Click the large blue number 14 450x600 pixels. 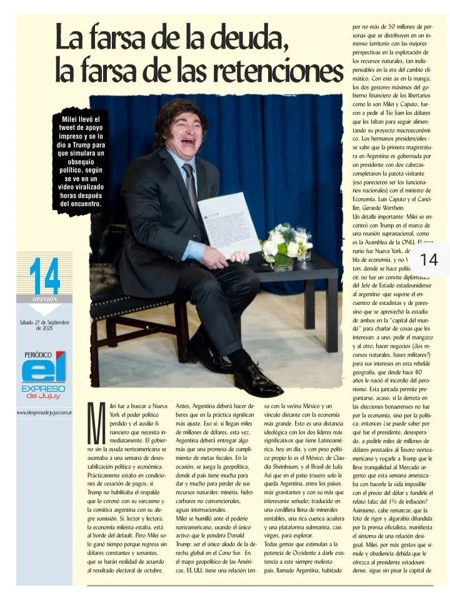(x=44, y=276)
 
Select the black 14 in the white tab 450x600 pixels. (x=429, y=259)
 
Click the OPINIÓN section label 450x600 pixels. (x=44, y=299)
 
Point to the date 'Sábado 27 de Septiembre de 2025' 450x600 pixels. (x=44, y=325)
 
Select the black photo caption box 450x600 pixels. (x=81, y=161)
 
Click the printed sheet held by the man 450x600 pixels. (x=228, y=224)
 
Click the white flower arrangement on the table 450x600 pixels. (x=286, y=244)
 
